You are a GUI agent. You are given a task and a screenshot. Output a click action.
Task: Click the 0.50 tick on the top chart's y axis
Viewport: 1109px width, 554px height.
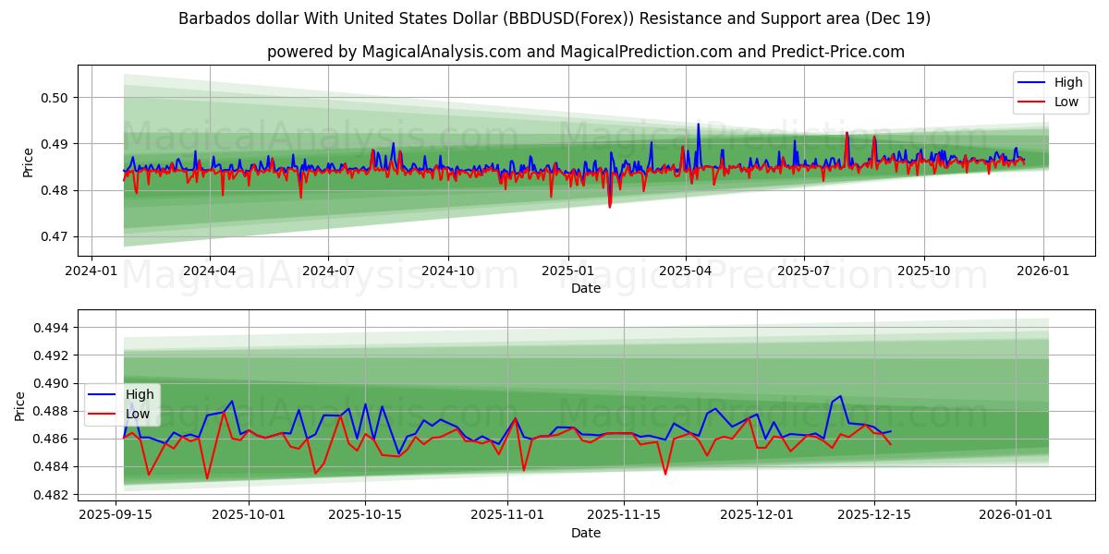click(x=55, y=98)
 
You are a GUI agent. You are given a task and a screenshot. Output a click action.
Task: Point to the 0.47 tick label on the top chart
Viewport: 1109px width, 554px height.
click(x=55, y=237)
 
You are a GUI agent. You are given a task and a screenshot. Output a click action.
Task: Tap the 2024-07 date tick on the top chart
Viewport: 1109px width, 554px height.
click(x=329, y=271)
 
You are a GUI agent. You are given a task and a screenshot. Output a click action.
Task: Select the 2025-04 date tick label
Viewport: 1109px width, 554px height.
click(x=686, y=271)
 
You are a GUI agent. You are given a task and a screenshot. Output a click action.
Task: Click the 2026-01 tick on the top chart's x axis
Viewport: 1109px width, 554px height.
click(x=1043, y=271)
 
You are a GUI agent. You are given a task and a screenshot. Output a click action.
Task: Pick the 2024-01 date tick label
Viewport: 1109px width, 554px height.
click(x=91, y=271)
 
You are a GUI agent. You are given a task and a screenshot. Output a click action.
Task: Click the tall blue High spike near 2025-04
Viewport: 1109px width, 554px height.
click(x=698, y=125)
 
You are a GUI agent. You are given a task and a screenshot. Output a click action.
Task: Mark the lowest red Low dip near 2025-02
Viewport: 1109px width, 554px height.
click(x=609, y=206)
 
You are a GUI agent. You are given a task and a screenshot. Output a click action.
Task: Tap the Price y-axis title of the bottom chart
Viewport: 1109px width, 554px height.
click(x=21, y=405)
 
